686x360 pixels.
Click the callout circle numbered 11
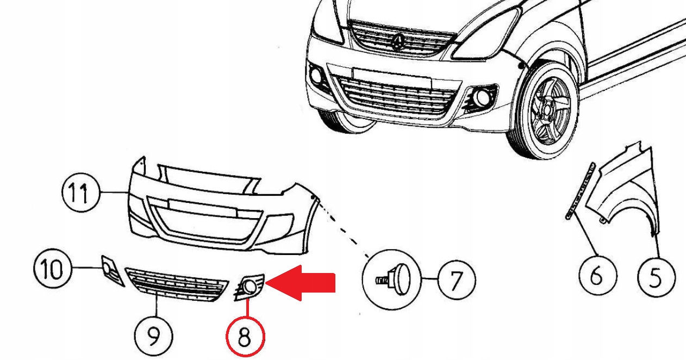click(x=80, y=193)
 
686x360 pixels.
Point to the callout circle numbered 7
click(x=456, y=280)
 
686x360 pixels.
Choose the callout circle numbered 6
click(x=596, y=276)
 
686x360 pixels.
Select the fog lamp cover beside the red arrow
click(x=250, y=287)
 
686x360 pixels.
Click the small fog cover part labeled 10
click(x=111, y=270)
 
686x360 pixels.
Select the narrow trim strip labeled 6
click(x=578, y=190)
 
